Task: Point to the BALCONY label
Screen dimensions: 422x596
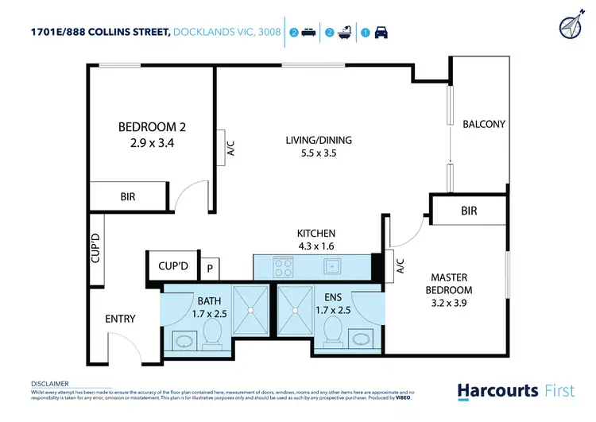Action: (x=484, y=124)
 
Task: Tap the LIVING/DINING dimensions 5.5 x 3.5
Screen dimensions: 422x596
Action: (x=318, y=153)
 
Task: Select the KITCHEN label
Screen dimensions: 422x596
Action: (x=316, y=234)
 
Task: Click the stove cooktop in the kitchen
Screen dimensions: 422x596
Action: (x=283, y=265)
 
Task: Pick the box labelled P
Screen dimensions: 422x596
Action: (x=210, y=269)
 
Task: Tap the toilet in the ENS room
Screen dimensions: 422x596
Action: (x=335, y=331)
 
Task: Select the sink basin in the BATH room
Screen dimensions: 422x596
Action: (x=184, y=342)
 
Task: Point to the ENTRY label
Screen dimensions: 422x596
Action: (x=121, y=319)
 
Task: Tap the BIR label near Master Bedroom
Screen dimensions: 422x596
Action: (x=468, y=211)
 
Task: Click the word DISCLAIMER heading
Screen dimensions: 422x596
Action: (x=49, y=383)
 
